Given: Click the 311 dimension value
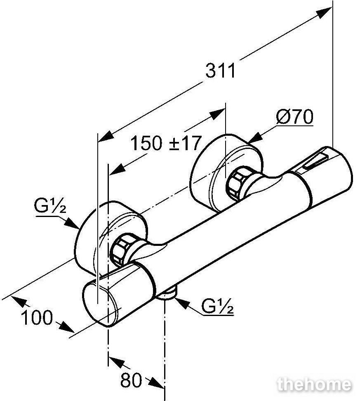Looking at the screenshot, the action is pos(220,71).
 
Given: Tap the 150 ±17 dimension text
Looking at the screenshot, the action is pos(166,143).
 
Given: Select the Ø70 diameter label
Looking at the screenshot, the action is pos(295,117).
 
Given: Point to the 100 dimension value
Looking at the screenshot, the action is pos(37,318).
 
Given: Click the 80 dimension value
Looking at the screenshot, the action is pos(131,380).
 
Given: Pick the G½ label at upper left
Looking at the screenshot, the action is pos(50,206).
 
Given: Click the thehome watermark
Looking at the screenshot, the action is pos(314,384).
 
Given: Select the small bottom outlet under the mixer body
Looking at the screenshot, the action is pos(167,294).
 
